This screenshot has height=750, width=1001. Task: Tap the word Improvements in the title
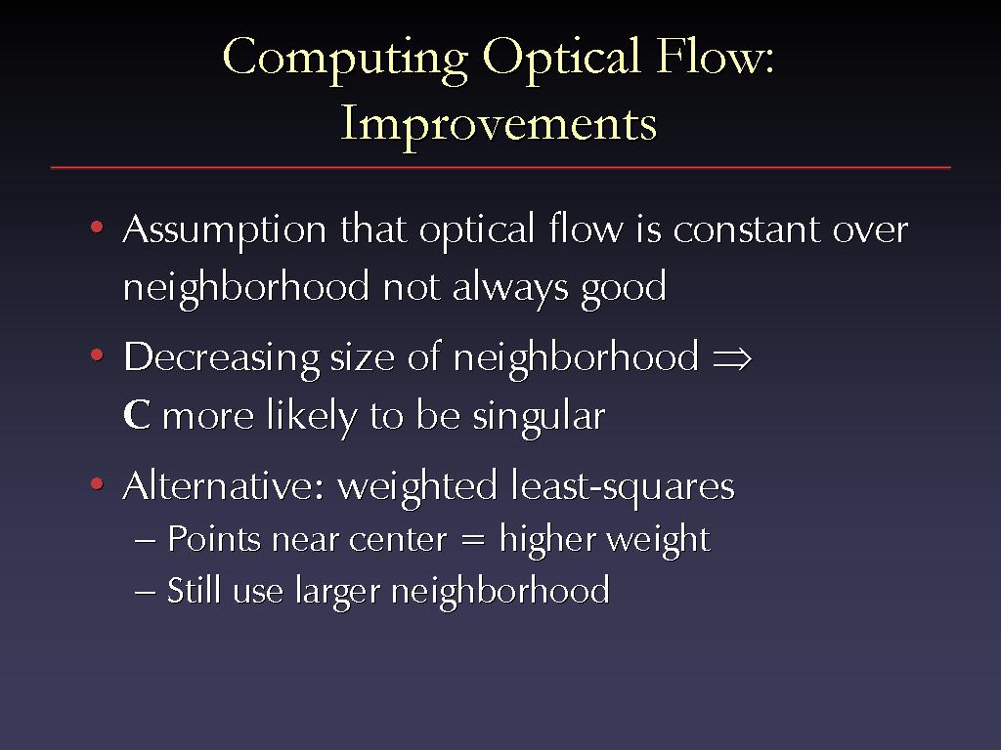click(x=499, y=124)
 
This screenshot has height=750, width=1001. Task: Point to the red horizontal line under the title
click(x=500, y=168)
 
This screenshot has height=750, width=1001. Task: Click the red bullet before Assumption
click(x=97, y=227)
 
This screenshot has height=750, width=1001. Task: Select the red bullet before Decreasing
click(x=97, y=354)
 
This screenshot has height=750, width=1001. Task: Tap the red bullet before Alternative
click(x=97, y=484)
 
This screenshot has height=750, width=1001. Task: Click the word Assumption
click(x=225, y=231)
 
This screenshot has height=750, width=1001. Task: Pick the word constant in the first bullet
click(x=746, y=229)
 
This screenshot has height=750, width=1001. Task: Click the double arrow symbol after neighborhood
click(x=732, y=357)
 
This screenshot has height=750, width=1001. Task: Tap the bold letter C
click(x=137, y=414)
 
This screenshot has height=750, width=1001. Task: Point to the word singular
click(x=539, y=418)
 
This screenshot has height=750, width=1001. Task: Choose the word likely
click(x=312, y=417)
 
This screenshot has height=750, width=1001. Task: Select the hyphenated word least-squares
click(x=623, y=488)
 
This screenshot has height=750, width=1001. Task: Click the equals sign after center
click(x=473, y=540)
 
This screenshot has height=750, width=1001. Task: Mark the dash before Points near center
click(x=145, y=541)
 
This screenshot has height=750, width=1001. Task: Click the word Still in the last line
click(x=195, y=589)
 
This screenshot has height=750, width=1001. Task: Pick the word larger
click(x=337, y=593)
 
